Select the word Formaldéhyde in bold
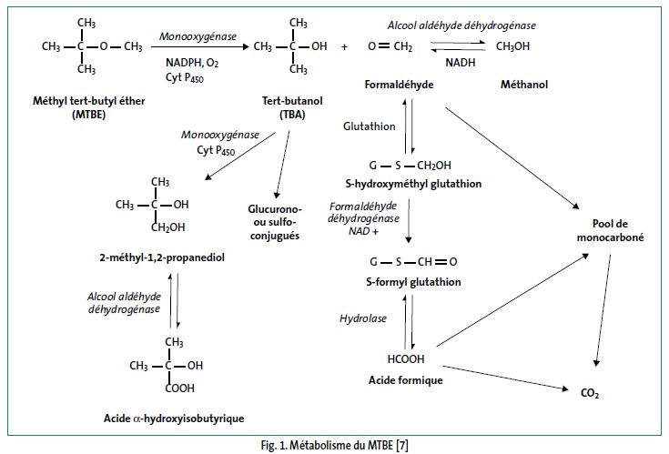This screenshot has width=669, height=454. (399, 85)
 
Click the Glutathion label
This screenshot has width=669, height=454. (370, 126)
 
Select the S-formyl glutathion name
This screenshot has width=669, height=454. (411, 282)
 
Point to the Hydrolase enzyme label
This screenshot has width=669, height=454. (363, 319)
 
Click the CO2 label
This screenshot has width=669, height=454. (589, 394)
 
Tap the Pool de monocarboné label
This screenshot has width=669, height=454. (609, 232)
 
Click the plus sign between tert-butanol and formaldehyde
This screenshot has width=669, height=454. (344, 45)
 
